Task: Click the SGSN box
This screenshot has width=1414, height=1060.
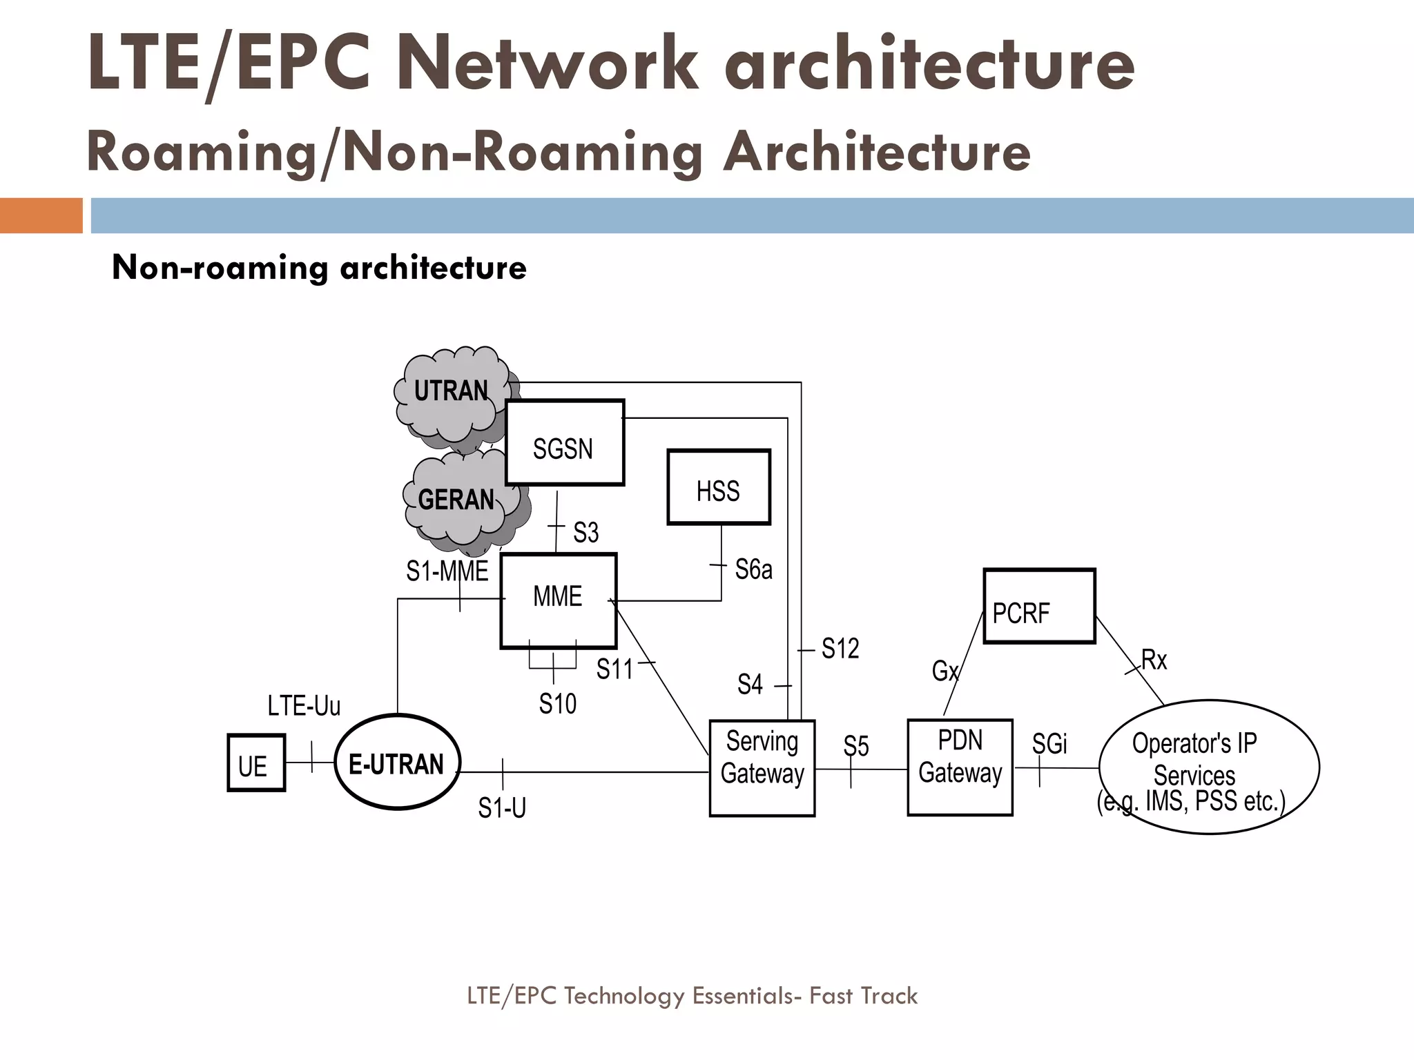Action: [x=565, y=443]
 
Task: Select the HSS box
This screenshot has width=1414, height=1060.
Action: [x=718, y=488]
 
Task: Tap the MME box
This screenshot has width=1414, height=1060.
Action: [x=558, y=600]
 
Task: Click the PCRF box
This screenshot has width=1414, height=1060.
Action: [x=1039, y=607]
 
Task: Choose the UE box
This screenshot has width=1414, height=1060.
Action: [x=255, y=763]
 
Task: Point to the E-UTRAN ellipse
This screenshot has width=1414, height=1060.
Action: [x=397, y=762]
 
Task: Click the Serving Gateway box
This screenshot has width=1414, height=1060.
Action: [x=762, y=768]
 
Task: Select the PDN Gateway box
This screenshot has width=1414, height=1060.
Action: [x=960, y=767]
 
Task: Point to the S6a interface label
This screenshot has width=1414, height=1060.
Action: [x=753, y=570]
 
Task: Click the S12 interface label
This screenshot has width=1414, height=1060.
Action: [x=840, y=649]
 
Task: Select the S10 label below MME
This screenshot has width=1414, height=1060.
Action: [x=557, y=705]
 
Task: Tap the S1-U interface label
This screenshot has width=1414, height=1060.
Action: [x=502, y=807]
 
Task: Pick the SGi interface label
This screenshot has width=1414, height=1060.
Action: [x=1049, y=744]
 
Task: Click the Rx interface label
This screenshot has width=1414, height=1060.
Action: [x=1154, y=660]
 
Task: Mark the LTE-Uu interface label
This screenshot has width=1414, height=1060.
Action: [x=304, y=706]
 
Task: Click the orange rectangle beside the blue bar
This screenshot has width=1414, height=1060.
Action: [x=41, y=216]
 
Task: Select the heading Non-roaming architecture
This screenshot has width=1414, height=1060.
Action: [x=319, y=268]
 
